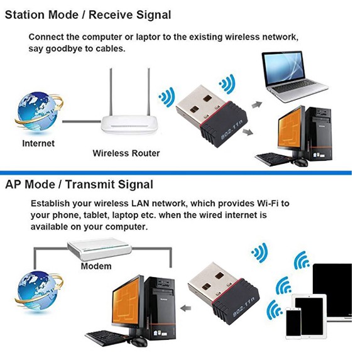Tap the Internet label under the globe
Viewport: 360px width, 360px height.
click(x=38, y=143)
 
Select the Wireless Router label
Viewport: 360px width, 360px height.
click(x=126, y=153)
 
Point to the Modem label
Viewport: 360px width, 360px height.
click(x=96, y=266)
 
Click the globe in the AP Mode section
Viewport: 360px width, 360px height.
click(x=35, y=291)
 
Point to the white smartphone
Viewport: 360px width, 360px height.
click(x=293, y=322)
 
